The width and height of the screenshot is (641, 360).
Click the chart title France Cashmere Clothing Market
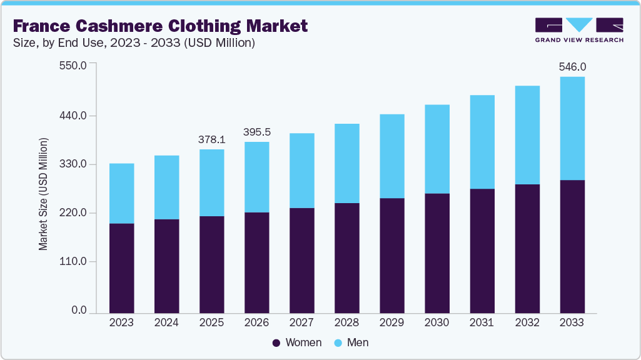coord(159,26)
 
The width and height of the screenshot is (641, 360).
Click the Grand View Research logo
coord(579,29)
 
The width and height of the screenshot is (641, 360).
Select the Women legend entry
coord(297,342)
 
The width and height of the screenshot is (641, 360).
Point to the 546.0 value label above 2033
coord(572,66)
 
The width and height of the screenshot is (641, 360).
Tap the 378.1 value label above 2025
coord(211,139)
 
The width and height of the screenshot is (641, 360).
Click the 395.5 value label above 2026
coord(256,132)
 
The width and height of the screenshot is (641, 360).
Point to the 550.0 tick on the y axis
coord(73,65)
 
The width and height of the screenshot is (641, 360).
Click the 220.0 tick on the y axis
coord(73,213)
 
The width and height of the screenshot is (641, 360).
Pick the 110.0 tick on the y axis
coord(73,261)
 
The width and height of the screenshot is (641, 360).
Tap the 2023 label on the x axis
coord(121,322)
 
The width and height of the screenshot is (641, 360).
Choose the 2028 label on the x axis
coord(346,322)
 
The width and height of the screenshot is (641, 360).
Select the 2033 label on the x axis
coord(572,322)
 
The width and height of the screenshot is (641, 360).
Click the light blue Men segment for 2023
coord(121,193)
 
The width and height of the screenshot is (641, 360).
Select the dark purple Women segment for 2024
coord(166,266)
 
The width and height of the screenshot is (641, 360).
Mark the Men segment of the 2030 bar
coord(437,149)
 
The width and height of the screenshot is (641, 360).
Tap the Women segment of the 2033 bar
coord(572,246)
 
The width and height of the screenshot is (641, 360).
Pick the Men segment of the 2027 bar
coord(301,170)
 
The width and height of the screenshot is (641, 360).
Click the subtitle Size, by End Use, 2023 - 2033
coord(134,43)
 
